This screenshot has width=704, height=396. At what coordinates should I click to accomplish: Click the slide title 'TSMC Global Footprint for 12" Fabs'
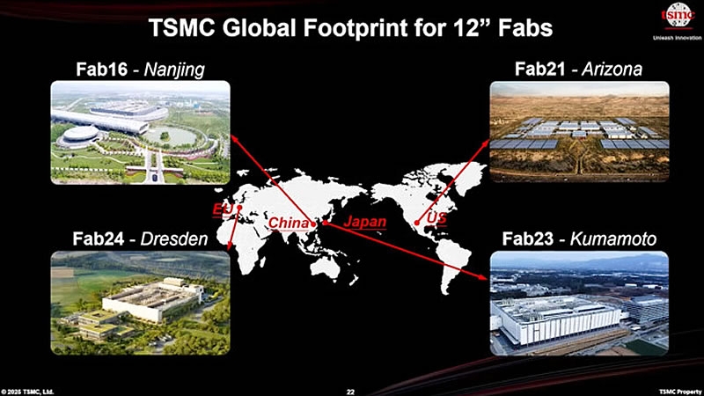[351, 27]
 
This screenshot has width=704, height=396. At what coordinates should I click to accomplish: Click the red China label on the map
[289, 223]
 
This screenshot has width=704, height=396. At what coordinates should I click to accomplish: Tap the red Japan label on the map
[364, 222]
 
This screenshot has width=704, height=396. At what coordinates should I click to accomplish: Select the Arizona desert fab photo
[579, 132]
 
